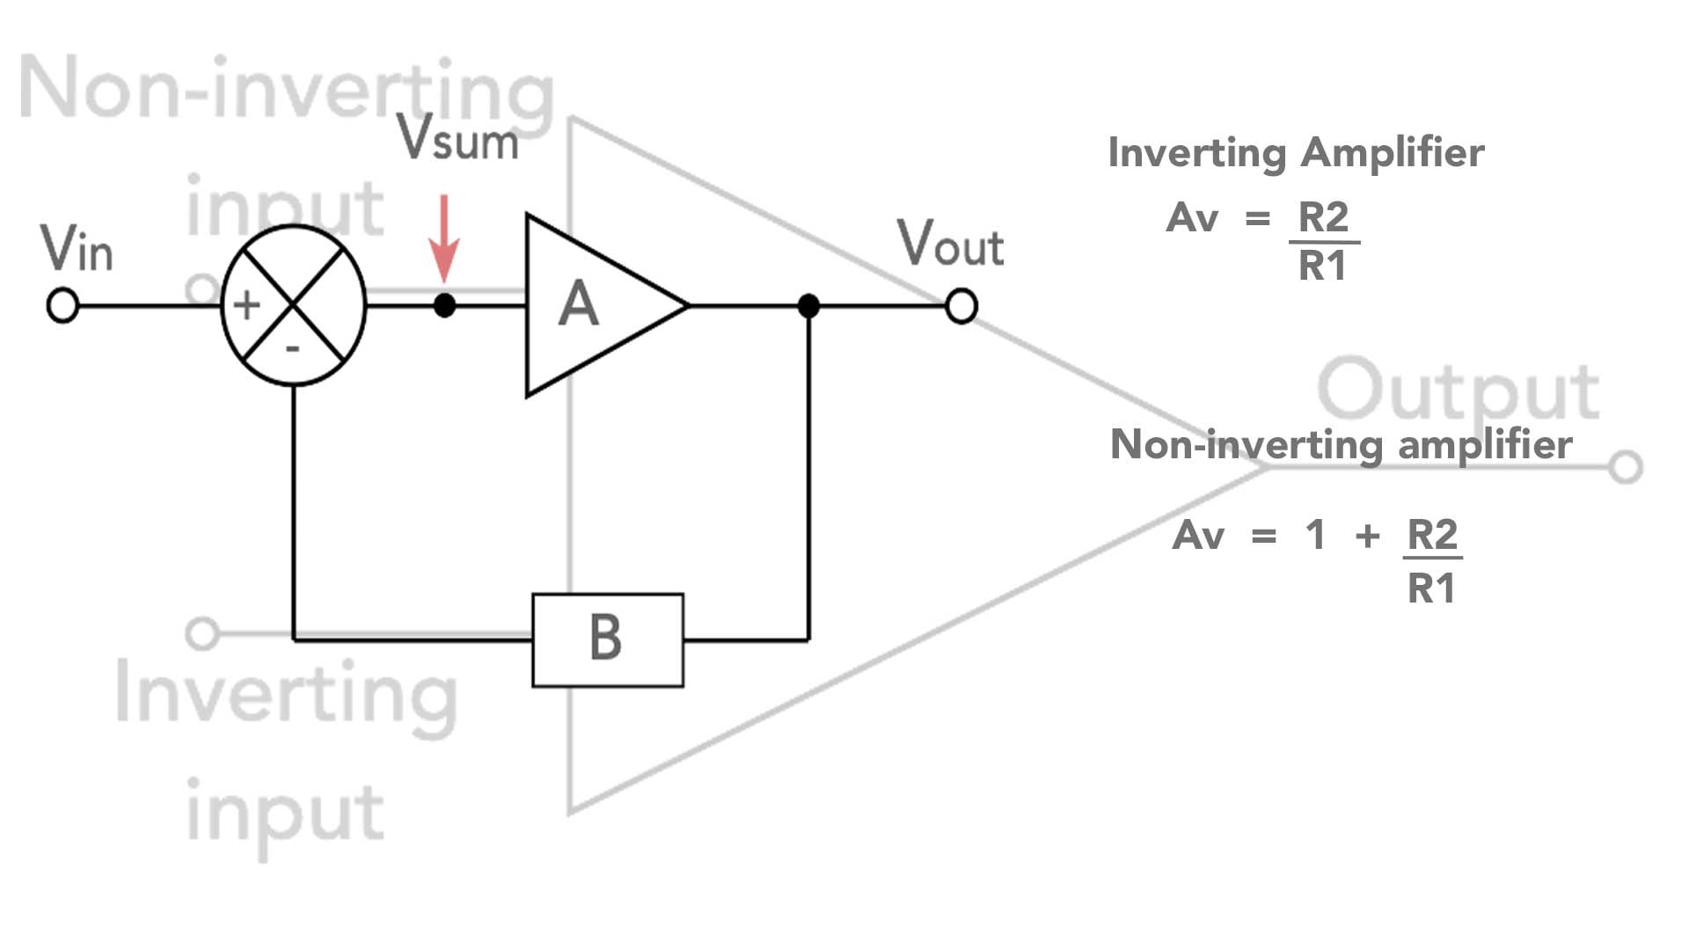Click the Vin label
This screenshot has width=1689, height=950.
click(x=77, y=248)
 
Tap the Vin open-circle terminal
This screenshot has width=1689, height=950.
click(x=62, y=306)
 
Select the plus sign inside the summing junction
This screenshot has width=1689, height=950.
click(x=246, y=305)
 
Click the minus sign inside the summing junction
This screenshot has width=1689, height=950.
click(x=293, y=349)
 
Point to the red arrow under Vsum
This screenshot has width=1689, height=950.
click(x=444, y=237)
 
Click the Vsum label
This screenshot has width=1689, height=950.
click(x=457, y=138)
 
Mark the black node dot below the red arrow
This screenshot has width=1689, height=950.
click(x=444, y=306)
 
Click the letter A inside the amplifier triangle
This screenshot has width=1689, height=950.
click(x=578, y=305)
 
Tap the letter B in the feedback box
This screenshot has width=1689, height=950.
click(x=606, y=639)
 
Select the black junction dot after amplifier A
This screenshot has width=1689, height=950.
click(x=808, y=306)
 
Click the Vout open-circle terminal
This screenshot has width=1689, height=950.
click(x=961, y=306)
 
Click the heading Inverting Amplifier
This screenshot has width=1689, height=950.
click(x=1296, y=153)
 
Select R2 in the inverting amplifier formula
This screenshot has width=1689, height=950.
click(x=1323, y=217)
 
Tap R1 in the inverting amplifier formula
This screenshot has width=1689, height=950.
click(x=1323, y=267)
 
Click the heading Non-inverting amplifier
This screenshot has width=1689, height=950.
click(x=1341, y=444)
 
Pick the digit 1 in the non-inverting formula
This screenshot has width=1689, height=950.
click(x=1315, y=535)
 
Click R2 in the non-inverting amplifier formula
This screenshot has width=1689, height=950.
click(x=1432, y=534)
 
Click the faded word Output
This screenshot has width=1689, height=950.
click(x=1458, y=390)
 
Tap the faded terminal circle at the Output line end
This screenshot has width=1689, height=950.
click(x=1626, y=467)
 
